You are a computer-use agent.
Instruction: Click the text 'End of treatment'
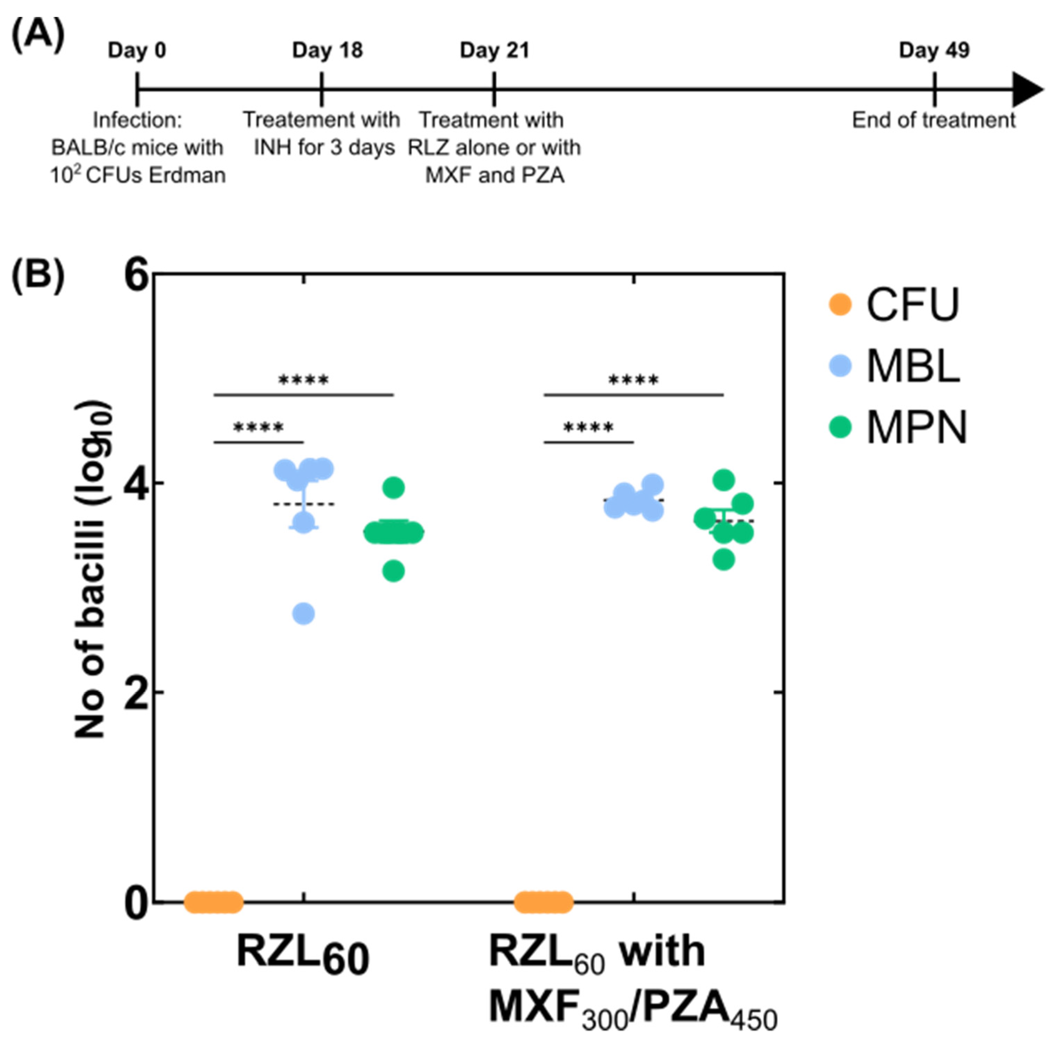[x=933, y=120]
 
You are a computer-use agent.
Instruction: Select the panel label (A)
[x=38, y=35]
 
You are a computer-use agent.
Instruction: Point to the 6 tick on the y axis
[x=137, y=275]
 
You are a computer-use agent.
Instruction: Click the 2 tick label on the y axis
[x=137, y=693]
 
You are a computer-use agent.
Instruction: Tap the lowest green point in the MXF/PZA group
[x=723, y=559]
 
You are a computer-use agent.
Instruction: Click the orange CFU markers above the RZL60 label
[x=213, y=902]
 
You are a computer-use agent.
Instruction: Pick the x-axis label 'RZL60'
[x=303, y=954]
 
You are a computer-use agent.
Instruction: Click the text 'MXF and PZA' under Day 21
[x=495, y=176]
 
